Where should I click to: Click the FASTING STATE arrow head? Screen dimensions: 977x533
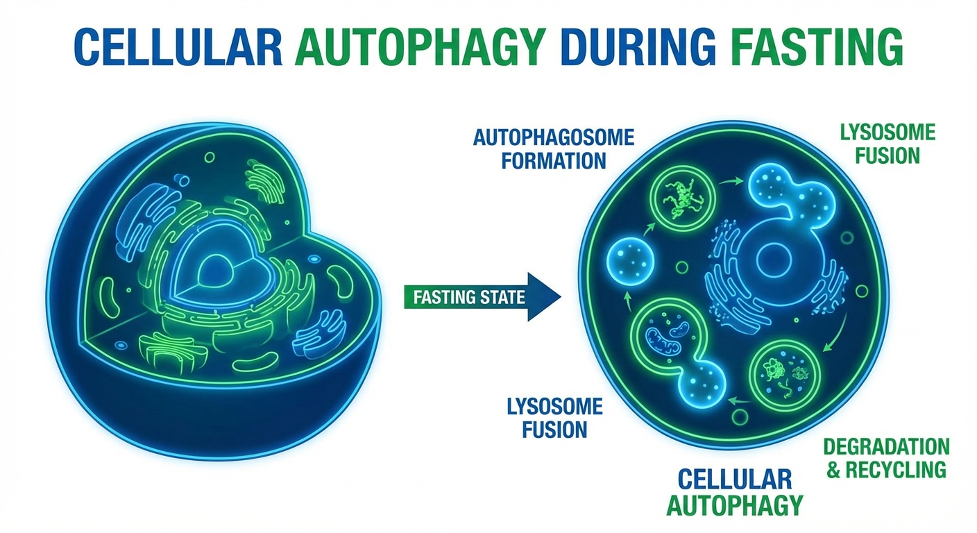[544, 297]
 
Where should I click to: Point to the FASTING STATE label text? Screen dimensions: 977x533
[469, 298]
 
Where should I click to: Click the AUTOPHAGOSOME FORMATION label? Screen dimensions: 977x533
[554, 149]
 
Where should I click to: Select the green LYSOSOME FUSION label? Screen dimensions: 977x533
[887, 144]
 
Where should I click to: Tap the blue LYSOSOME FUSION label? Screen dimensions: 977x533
[555, 418]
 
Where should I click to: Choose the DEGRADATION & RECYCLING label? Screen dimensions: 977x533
[887, 458]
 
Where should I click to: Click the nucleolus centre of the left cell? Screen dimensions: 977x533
[216, 269]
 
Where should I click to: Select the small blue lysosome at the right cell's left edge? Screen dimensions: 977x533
[630, 262]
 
